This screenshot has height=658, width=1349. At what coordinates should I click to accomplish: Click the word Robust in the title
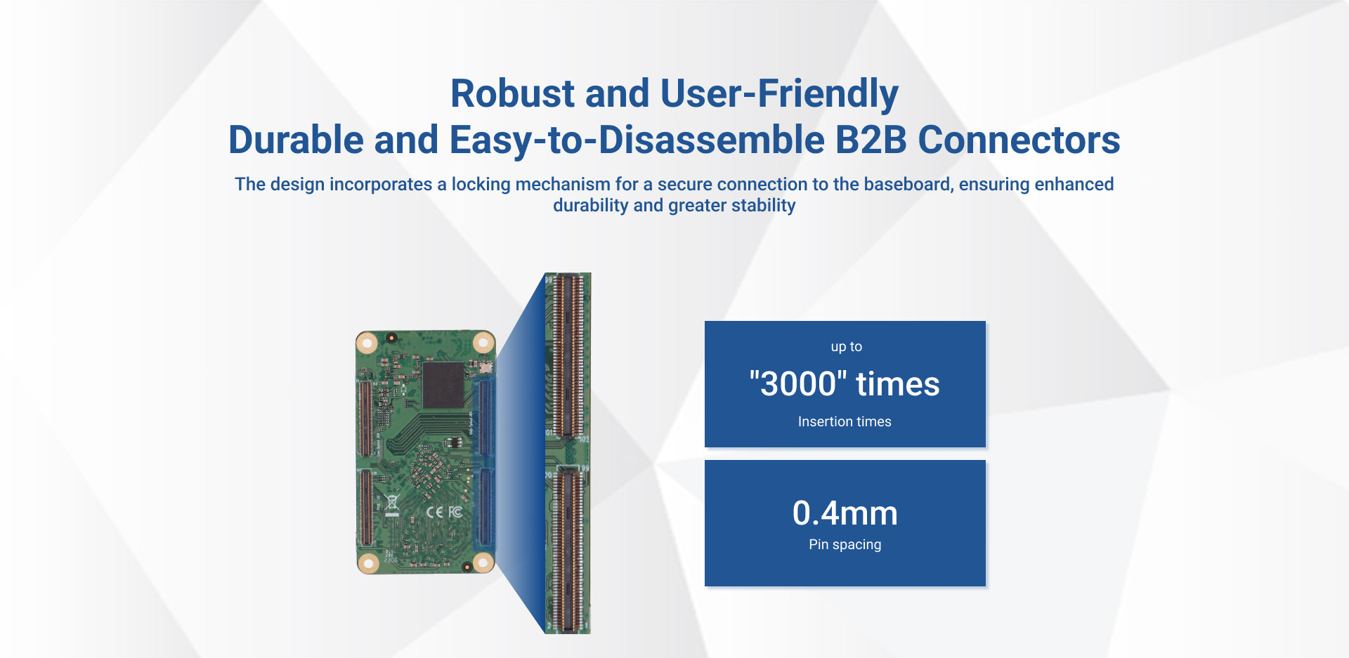[x=513, y=93]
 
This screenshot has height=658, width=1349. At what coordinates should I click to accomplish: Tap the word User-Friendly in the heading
[x=779, y=95]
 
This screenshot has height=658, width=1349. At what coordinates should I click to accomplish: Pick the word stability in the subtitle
[x=763, y=206]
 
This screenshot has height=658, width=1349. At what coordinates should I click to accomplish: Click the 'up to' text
[x=846, y=346]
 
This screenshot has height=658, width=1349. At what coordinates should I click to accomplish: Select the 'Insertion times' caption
[x=845, y=421]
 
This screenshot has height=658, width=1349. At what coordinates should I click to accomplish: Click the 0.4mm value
[x=845, y=513]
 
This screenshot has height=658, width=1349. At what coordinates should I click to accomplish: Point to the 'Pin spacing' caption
[x=845, y=545]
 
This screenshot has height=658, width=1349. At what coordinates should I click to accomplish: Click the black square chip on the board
[x=443, y=385]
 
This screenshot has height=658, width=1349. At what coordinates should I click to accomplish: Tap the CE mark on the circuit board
[x=435, y=512]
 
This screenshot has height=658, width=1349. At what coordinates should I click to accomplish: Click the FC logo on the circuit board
[x=455, y=511]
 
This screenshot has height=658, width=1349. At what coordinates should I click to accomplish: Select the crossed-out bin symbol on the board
[x=392, y=504]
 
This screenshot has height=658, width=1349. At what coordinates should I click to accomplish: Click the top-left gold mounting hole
[x=367, y=343]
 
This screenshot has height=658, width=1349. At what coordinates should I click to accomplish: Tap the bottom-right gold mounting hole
[x=483, y=562]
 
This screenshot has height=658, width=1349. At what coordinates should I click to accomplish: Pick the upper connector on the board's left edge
[x=365, y=419]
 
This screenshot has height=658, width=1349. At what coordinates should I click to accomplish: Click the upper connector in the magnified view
[x=568, y=355]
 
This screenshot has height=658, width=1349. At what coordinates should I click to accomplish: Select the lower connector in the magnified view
[x=568, y=550]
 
